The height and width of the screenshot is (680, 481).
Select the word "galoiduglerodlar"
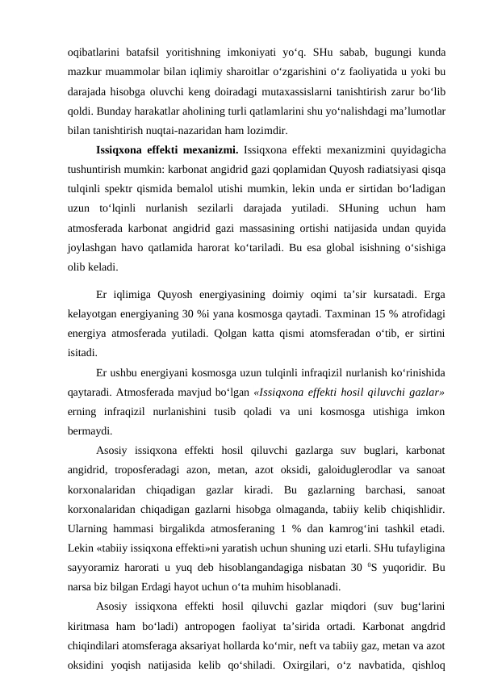(x=342, y=470)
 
